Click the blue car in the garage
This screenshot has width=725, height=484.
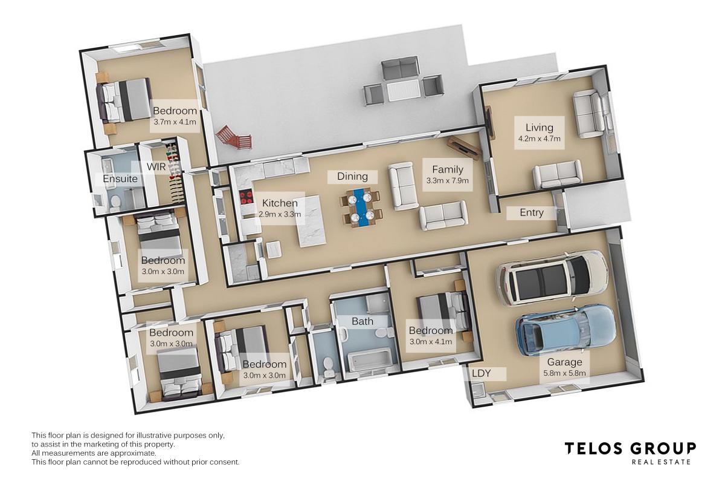coord(565,330)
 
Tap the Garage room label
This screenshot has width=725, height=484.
coord(565,367)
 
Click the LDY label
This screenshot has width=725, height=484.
coord(481,373)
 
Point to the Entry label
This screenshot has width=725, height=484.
coord(532,212)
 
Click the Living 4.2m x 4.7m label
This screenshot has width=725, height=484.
coord(539,132)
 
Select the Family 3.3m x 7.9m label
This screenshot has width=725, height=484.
coord(447,174)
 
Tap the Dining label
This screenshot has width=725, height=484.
coord(352,177)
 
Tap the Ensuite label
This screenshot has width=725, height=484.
coord(120,179)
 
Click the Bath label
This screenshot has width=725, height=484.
coord(362,321)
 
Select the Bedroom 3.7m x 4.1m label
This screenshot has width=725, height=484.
coord(175,116)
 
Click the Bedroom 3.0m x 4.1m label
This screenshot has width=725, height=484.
coord(431,335)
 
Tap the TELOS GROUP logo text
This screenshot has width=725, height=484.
coord(630,448)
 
